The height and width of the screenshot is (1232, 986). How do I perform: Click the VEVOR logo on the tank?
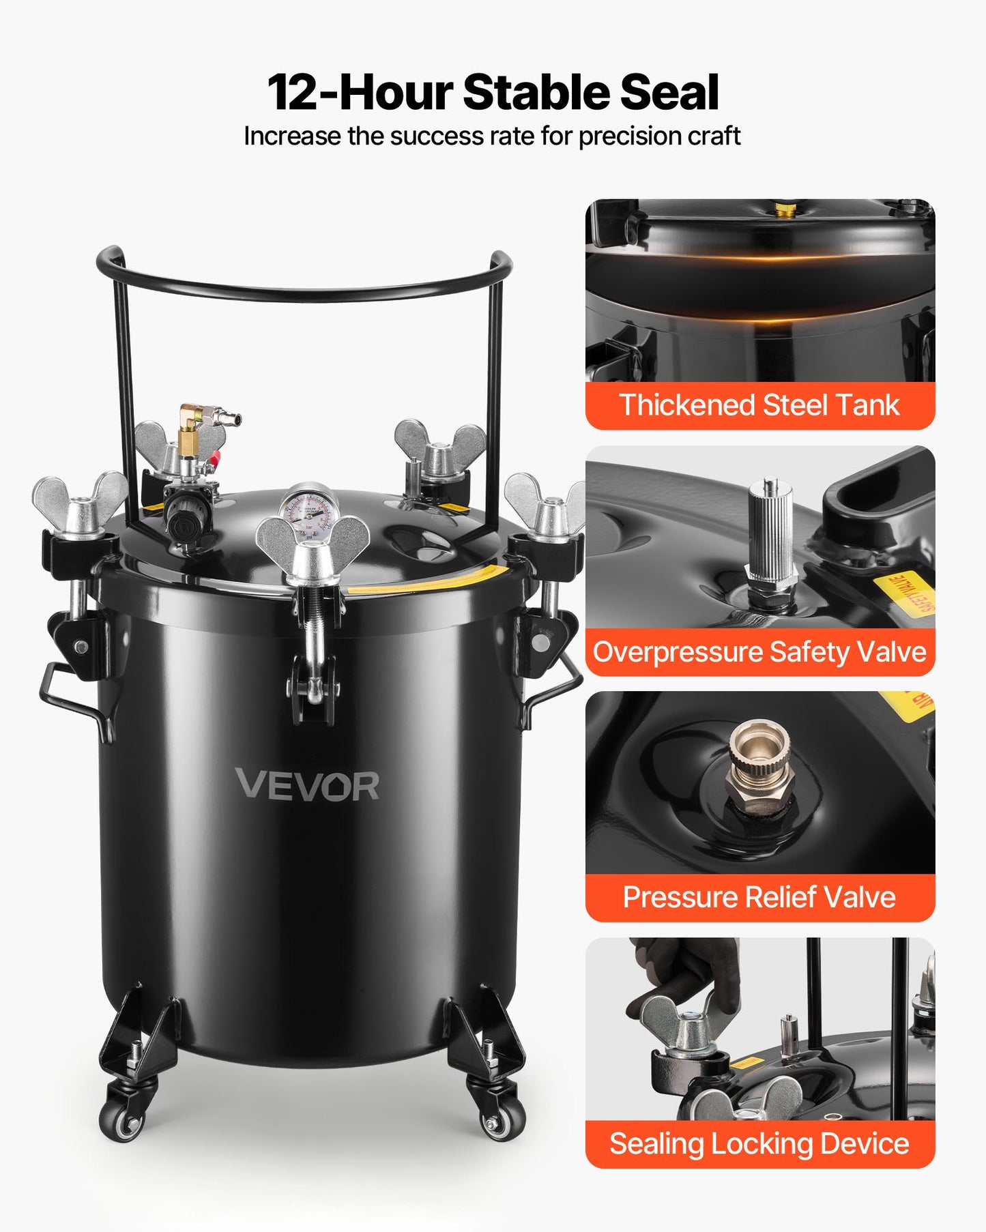[x=307, y=785]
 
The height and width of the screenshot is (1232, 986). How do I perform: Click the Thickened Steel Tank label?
[x=759, y=405]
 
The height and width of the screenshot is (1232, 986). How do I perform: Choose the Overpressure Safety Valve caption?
[x=759, y=651]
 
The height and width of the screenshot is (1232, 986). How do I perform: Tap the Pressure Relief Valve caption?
[x=759, y=897]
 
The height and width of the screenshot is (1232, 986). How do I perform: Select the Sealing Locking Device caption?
[x=759, y=1143]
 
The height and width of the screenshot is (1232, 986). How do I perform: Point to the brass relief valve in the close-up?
[x=759, y=767]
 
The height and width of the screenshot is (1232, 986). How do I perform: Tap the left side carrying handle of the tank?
[x=68, y=696]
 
